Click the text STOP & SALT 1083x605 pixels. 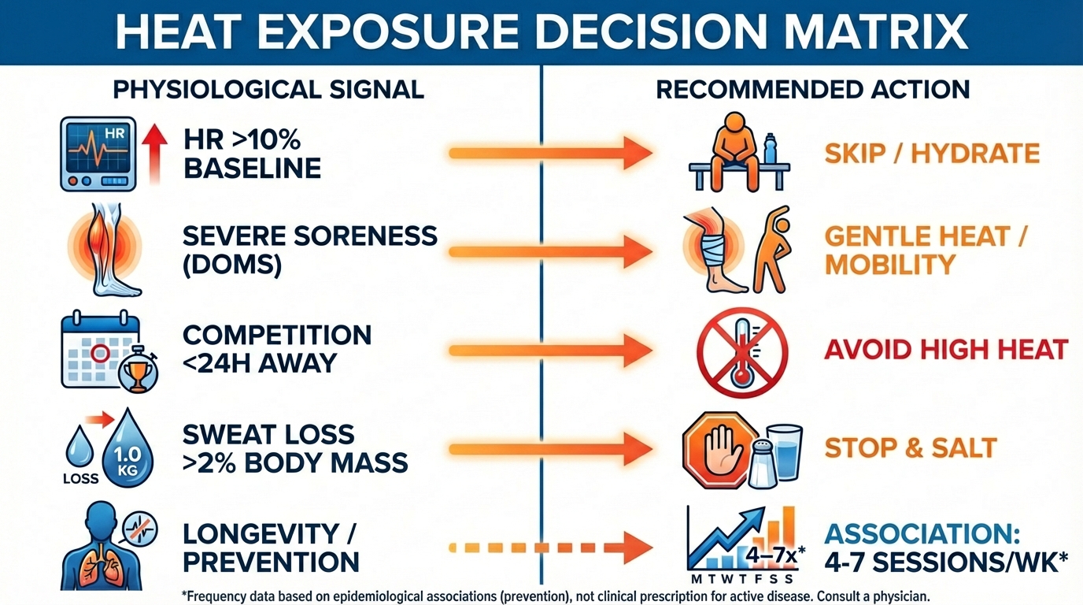point(910,448)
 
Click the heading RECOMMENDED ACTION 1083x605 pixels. point(812,89)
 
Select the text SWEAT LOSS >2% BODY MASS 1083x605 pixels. point(294,447)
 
